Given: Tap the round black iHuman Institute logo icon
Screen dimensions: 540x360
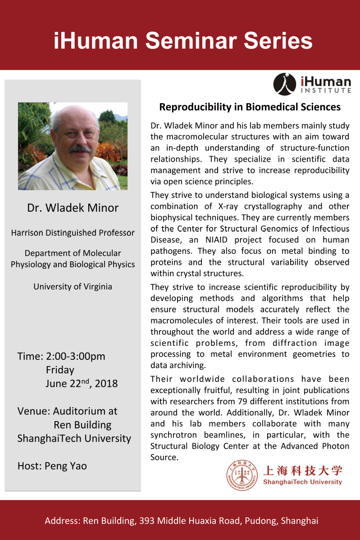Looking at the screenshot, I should click(x=285, y=84).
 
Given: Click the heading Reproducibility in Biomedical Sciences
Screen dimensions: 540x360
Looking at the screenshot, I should click(x=250, y=107).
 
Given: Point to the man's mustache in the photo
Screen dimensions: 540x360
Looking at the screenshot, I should click(x=80, y=149).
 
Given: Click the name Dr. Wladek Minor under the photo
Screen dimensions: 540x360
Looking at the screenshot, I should click(x=73, y=208).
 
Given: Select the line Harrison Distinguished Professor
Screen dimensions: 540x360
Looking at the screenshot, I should click(x=73, y=233).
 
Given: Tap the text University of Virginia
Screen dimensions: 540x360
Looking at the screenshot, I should click(x=73, y=286).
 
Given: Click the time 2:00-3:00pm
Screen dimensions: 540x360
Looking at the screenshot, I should click(x=76, y=356).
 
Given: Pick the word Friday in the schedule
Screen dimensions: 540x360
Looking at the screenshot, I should click(x=60, y=370).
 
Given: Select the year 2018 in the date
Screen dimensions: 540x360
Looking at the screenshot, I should click(x=107, y=384).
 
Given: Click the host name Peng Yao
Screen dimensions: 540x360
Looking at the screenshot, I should click(x=66, y=466).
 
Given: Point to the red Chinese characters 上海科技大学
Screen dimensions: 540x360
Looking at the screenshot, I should click(x=302, y=471).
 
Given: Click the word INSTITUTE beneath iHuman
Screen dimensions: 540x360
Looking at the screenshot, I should click(x=326, y=91).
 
